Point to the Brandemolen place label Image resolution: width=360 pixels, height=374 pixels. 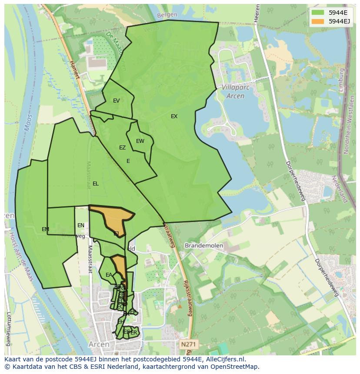(203, 245)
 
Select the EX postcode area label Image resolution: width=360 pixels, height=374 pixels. (174, 116)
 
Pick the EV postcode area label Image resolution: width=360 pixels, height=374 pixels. (116, 101)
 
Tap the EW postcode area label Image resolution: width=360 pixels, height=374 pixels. (140, 141)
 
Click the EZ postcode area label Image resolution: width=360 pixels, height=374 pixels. (122, 148)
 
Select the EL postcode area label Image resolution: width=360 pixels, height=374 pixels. (96, 184)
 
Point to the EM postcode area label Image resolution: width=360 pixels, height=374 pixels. (45, 229)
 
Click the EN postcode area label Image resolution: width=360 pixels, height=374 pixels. (81, 225)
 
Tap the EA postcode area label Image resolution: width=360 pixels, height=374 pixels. (109, 275)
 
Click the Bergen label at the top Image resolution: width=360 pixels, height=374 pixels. (167, 15)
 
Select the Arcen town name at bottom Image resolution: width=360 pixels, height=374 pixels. (99, 344)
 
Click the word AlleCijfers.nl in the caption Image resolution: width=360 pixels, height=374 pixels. (220, 359)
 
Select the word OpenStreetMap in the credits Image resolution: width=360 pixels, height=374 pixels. (235, 367)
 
